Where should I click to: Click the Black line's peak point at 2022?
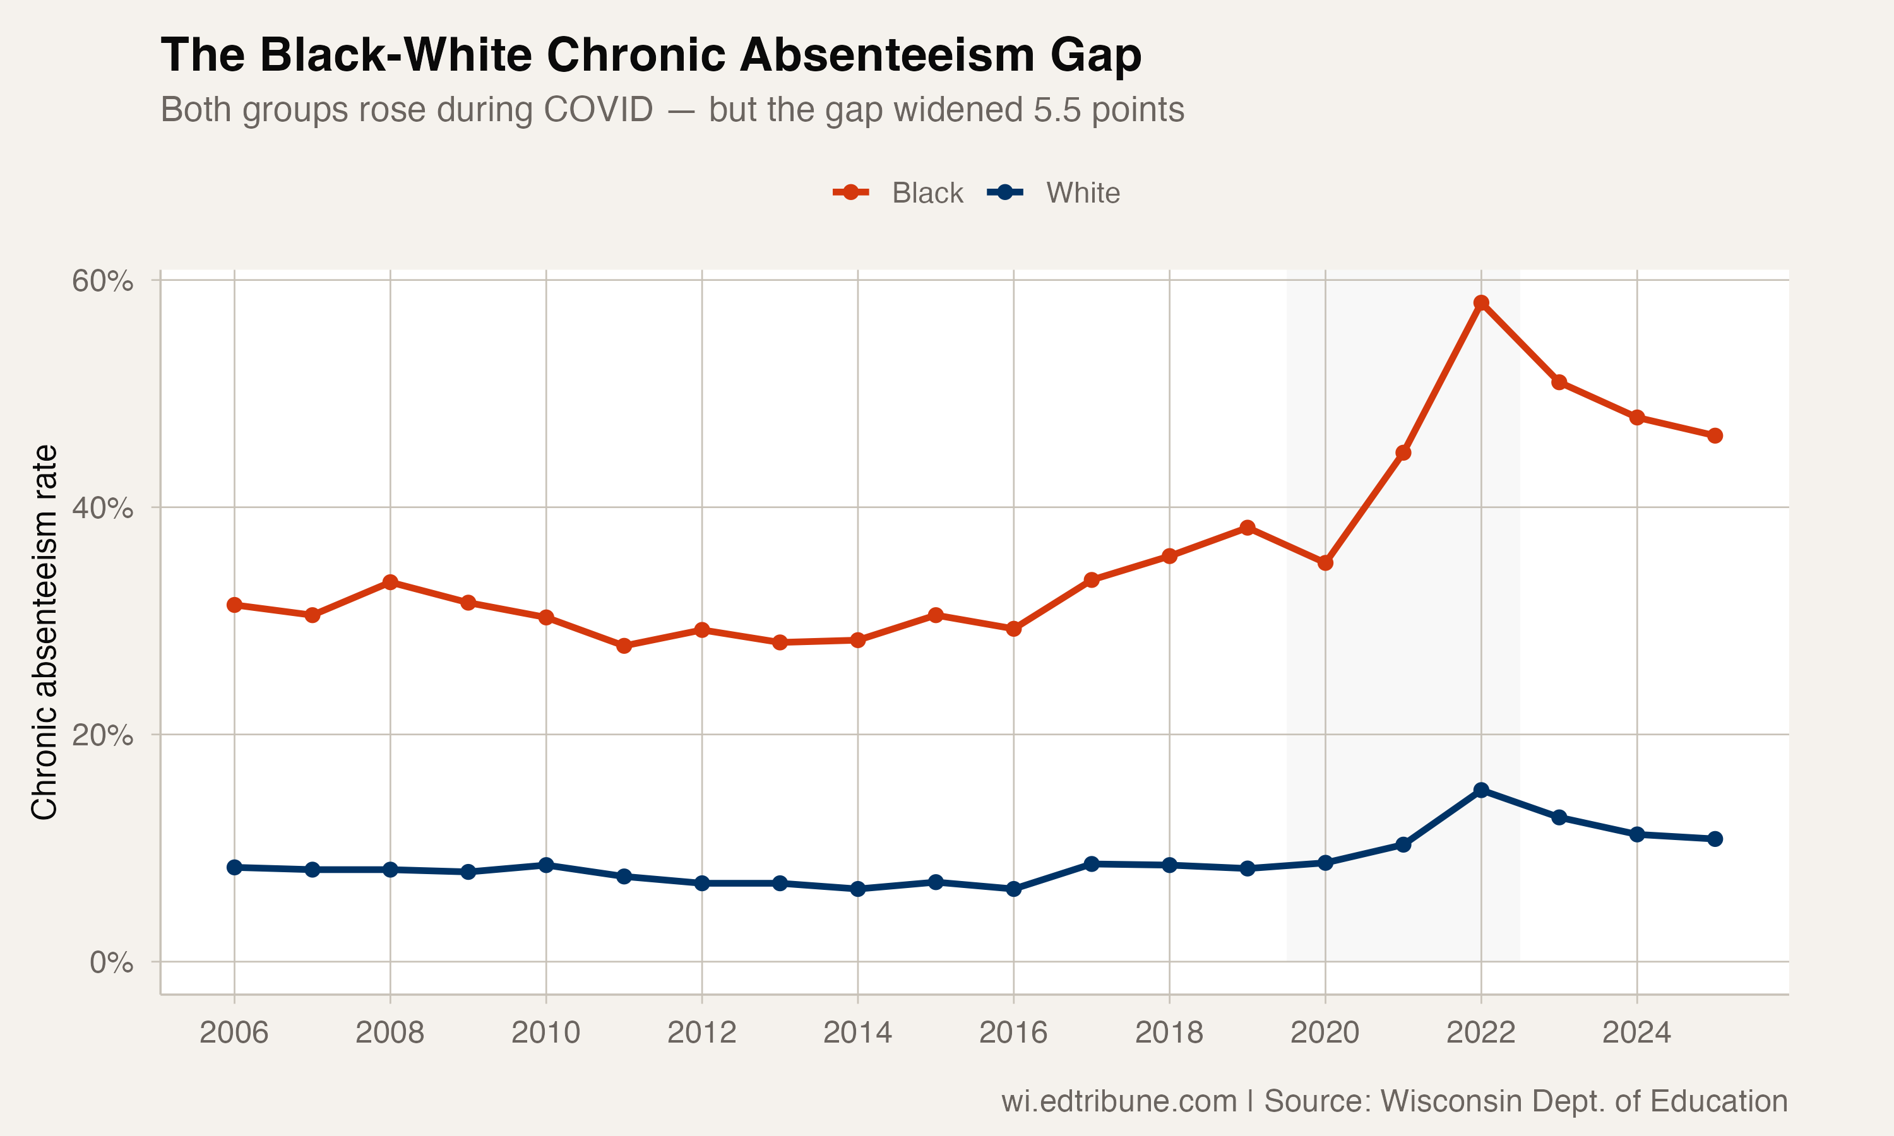click(1481, 303)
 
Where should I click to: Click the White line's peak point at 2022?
click(1481, 790)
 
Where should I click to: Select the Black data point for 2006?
click(234, 605)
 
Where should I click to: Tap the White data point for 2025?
click(1715, 839)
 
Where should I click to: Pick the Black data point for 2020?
click(1325, 563)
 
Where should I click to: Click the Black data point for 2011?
click(624, 646)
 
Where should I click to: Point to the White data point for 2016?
click(1013, 889)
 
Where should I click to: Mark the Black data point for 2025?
click(1715, 435)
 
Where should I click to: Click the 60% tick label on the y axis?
click(102, 281)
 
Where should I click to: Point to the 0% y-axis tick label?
click(111, 962)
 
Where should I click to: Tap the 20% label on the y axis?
click(102, 735)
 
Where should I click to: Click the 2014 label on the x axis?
click(857, 1032)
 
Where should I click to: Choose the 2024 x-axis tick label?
click(1637, 1032)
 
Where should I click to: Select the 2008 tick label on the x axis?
click(390, 1032)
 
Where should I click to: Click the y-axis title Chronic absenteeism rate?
click(44, 632)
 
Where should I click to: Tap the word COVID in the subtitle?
click(598, 109)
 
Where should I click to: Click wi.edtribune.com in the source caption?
click(1119, 1101)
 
